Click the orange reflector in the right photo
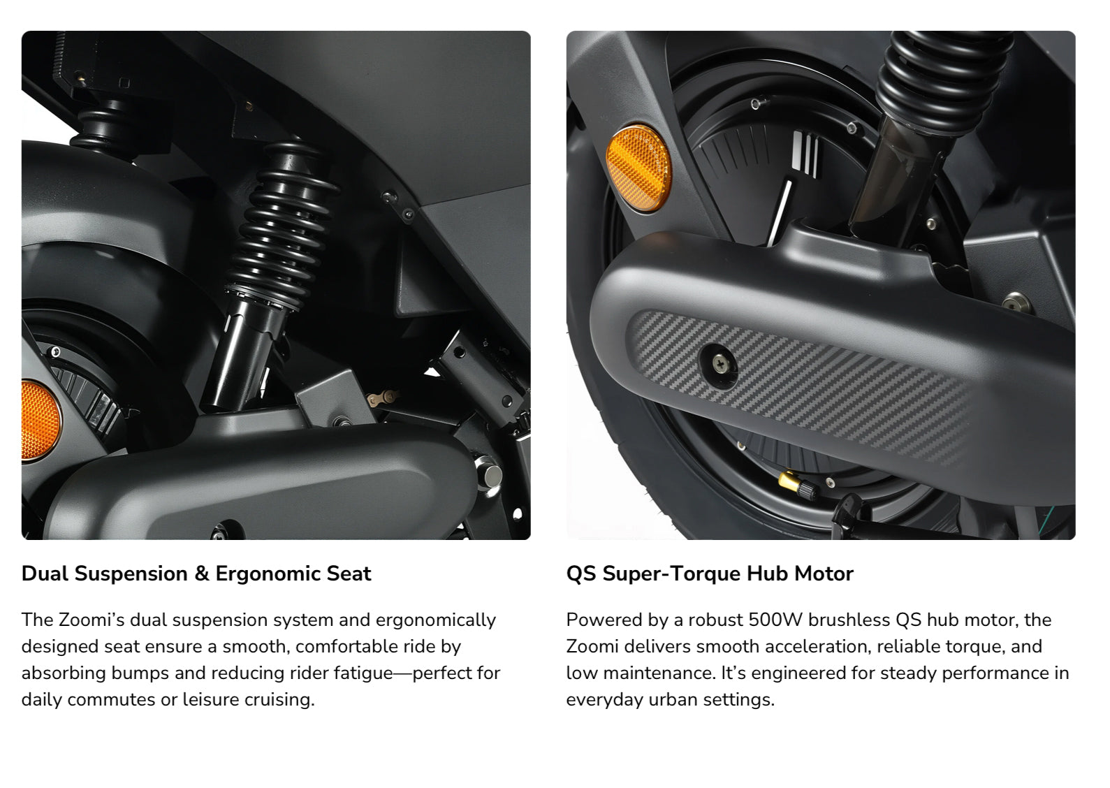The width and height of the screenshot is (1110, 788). (638, 168)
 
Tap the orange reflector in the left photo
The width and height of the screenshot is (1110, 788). (40, 421)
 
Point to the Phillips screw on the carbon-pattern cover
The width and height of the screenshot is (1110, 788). (719, 365)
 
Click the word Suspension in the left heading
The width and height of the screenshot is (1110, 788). (131, 574)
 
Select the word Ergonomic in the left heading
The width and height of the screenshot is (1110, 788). (268, 574)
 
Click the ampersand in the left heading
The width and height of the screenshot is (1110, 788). (202, 574)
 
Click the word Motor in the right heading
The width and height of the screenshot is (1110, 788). (824, 574)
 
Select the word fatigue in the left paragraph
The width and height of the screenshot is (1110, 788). (363, 673)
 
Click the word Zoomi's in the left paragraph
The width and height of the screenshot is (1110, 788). (92, 620)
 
